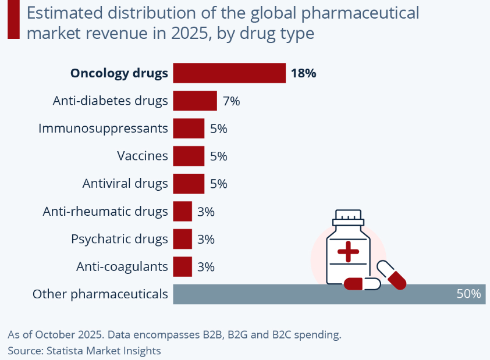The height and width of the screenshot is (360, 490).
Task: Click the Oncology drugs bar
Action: click(229, 73)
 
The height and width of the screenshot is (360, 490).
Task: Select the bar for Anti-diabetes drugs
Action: click(195, 101)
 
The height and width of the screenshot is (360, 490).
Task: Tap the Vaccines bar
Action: click(189, 156)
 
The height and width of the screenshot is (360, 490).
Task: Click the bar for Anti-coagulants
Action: click(182, 267)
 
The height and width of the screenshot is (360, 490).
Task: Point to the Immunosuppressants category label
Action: click(103, 128)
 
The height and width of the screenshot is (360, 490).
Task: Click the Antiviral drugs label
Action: click(125, 184)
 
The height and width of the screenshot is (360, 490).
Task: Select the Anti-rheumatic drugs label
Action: click(105, 212)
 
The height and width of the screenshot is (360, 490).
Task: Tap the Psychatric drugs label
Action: click(119, 239)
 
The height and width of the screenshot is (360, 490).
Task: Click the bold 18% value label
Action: click(303, 73)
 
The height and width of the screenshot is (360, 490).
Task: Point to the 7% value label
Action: click(231, 101)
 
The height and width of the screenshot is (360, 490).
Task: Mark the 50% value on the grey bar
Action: click(468, 294)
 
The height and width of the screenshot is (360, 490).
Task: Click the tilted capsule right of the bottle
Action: click(392, 275)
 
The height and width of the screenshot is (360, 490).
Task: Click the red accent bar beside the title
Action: click(13, 20)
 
